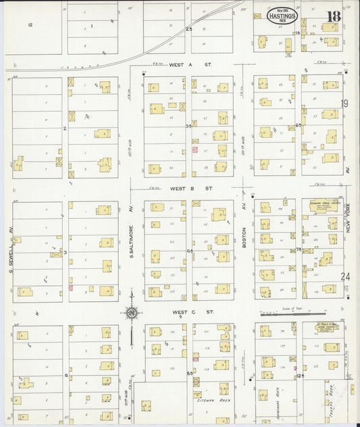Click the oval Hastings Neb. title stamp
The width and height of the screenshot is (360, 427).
coord(281,17)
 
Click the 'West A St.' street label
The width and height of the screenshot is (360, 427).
coord(181,65)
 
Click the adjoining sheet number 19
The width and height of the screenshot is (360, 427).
coord(344,103)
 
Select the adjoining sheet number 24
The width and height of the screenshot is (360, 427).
coord(346,276)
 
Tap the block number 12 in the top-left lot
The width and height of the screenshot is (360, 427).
coord(30,24)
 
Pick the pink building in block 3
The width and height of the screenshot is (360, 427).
coord(70,288)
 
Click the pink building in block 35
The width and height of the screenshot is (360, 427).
coord(195,149)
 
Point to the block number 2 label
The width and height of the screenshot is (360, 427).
coord(64,127)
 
